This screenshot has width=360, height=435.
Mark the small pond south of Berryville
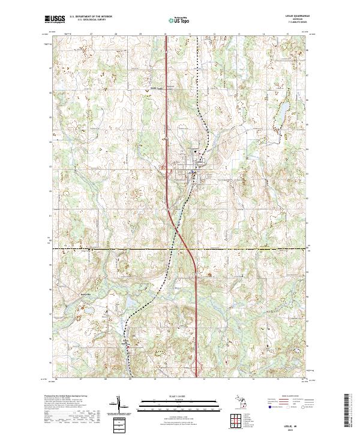point(85,313)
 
